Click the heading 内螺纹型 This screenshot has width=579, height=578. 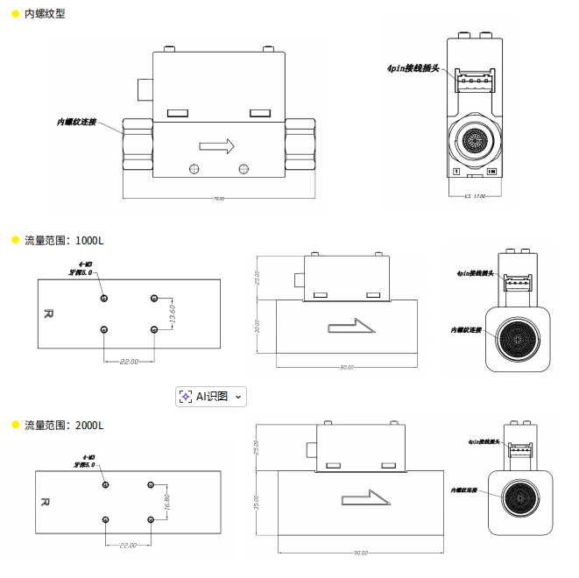coord(44,14)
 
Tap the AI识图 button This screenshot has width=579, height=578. coord(211,397)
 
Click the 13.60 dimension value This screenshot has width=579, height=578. coord(173,314)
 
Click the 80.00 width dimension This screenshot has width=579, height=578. coord(347,368)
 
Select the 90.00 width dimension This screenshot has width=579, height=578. coord(360,553)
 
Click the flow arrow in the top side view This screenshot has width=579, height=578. coord(218,145)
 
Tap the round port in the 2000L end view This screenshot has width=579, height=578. coord(522,495)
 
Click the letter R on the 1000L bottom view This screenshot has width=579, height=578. coord(49,313)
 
